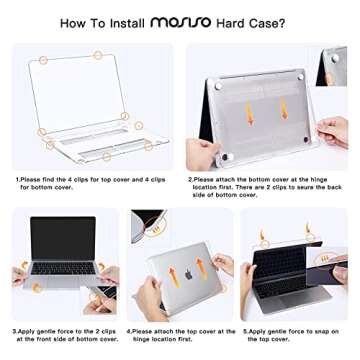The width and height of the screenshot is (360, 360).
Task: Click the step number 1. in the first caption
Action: [17, 181]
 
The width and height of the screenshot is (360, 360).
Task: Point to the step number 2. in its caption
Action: [190, 181]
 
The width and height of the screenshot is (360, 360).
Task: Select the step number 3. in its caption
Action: [14, 329]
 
